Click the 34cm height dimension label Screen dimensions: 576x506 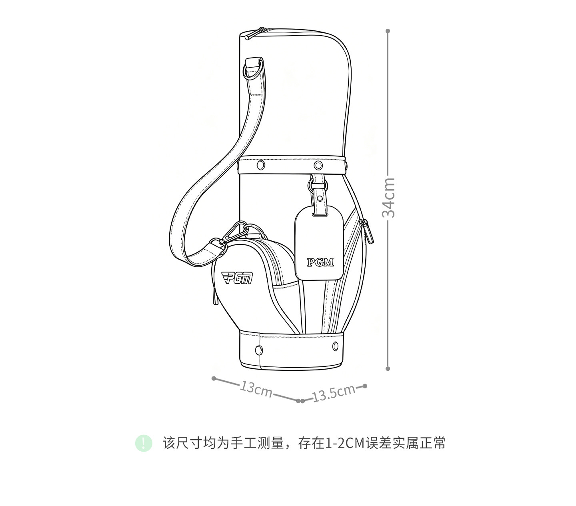point(388,198)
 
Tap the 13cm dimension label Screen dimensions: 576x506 point(256,389)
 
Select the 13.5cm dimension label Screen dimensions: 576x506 point(334,394)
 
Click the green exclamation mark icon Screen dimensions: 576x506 point(144,443)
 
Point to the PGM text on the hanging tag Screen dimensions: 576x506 point(320,262)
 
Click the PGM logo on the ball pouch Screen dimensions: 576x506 point(237,278)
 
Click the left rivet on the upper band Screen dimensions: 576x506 point(260,165)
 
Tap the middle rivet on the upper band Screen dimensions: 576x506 point(318,165)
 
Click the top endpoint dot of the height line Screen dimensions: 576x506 point(388,31)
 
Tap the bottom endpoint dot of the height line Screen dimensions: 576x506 point(388,369)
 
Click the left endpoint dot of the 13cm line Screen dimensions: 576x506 point(214,378)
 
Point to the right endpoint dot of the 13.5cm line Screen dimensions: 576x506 point(365,386)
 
